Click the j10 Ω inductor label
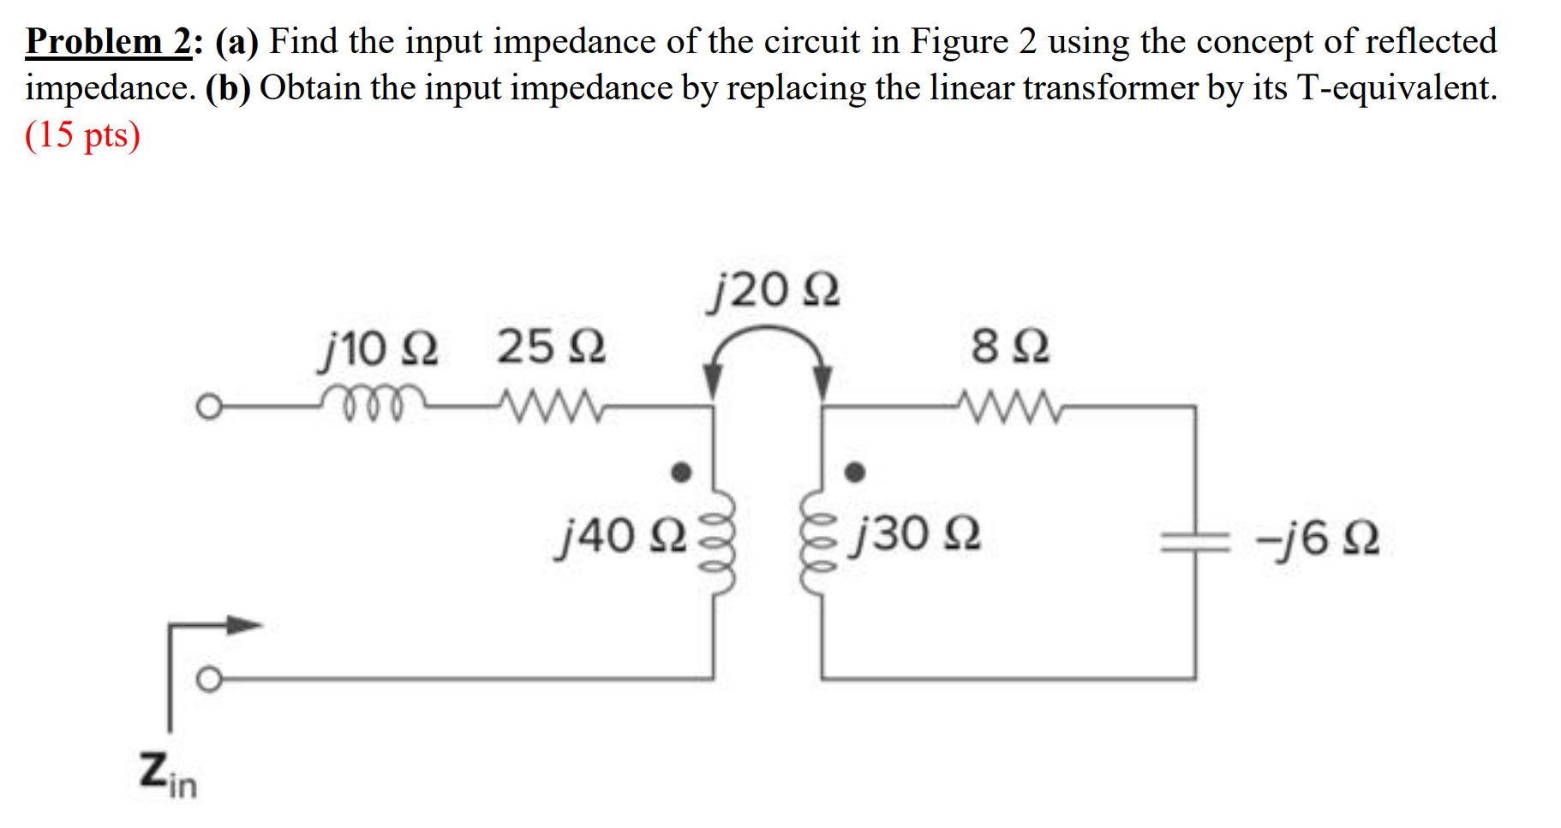tap(378, 348)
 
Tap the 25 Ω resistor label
tap(551, 347)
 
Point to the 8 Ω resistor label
tap(1009, 347)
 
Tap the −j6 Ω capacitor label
tap(1318, 539)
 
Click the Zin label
tap(168, 775)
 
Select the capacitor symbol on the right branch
tap(1195, 540)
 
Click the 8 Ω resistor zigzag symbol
tap(1009, 407)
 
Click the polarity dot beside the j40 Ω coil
tap(681, 472)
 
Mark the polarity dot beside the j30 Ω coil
tap(854, 472)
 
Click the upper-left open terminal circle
tap(208, 407)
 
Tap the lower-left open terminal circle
tap(208, 680)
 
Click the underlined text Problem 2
tap(109, 41)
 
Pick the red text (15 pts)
tap(82, 135)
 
